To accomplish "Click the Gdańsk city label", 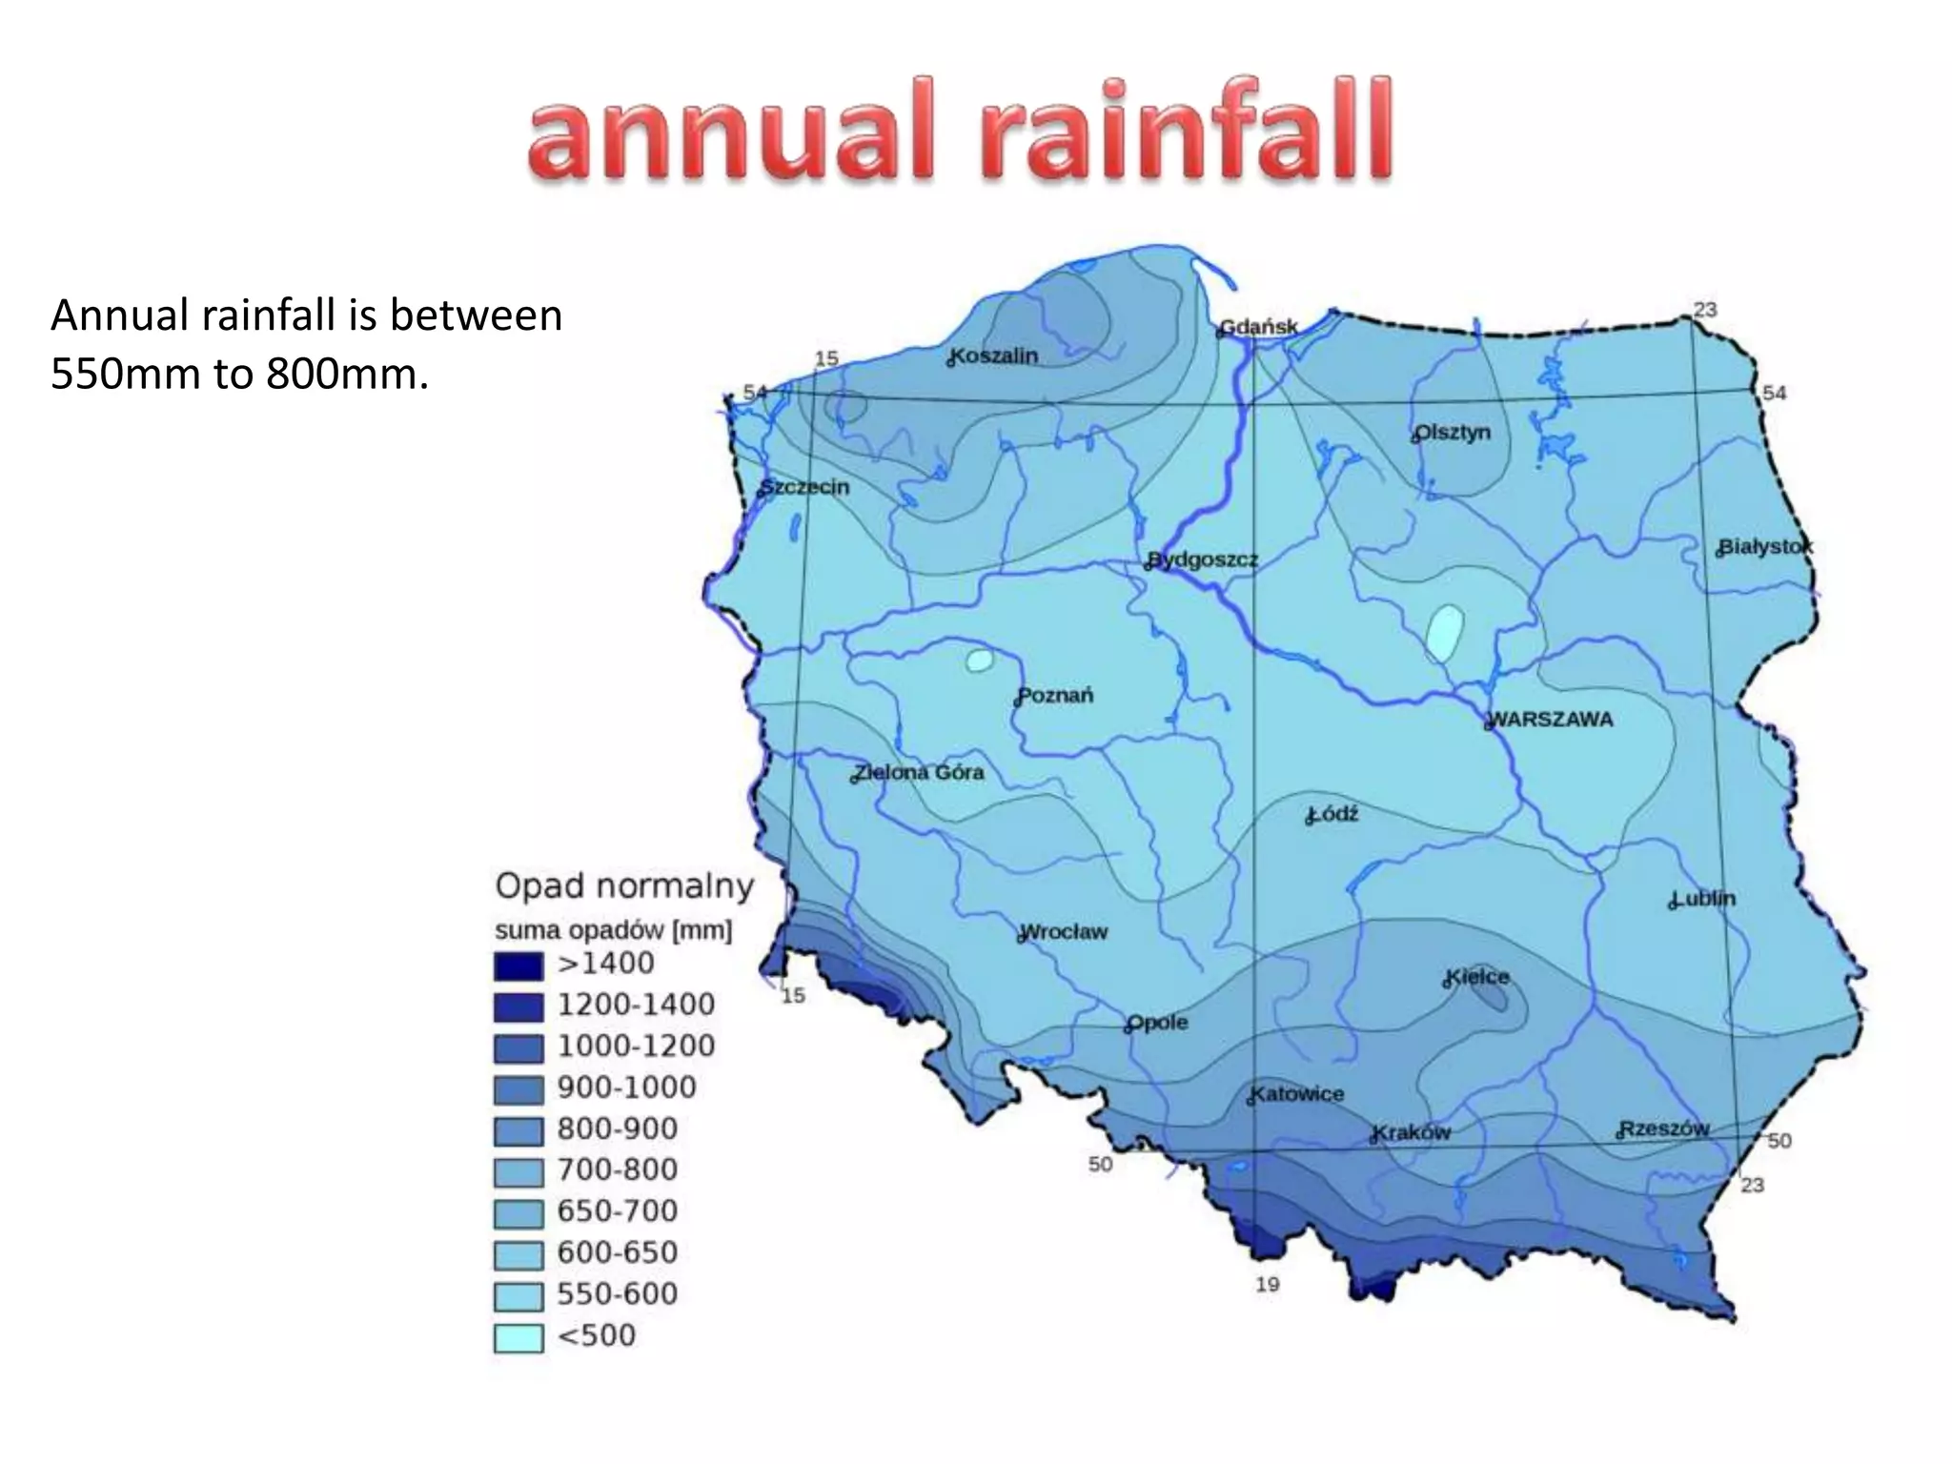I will click(1259, 327).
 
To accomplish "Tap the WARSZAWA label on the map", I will click(1551, 720).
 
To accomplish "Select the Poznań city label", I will click(1056, 696).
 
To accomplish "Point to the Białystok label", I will click(1765, 547).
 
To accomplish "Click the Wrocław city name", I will click(1064, 931).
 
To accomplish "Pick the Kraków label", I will click(1412, 1132).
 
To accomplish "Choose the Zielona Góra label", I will click(919, 772).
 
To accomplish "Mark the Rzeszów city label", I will click(1664, 1128).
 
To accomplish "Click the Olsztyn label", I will click(1453, 433).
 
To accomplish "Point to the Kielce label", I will click(1477, 977).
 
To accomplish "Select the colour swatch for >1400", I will click(518, 966).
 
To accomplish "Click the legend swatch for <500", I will click(518, 1337).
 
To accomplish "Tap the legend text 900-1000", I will click(626, 1088).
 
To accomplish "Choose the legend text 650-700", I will click(618, 1211).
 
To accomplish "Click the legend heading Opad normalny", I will click(624, 886).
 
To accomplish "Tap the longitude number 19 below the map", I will click(1267, 1285).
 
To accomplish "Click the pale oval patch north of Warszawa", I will click(1445, 632).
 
